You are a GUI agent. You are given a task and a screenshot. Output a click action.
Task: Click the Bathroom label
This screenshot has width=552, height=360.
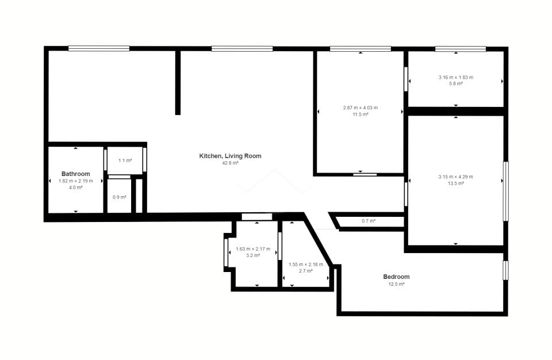76,174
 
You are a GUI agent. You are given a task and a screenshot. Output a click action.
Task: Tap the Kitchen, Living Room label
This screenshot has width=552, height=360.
230,156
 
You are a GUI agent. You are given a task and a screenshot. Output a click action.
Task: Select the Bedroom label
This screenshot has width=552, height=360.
396,277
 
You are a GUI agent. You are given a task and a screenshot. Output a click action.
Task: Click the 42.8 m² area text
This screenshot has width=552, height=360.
230,163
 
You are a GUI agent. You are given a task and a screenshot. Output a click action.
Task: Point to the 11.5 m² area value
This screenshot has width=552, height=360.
361,114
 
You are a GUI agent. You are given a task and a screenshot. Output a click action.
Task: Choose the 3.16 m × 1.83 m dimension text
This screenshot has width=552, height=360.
456,77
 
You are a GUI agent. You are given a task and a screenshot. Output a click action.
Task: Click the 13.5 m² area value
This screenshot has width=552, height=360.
456,183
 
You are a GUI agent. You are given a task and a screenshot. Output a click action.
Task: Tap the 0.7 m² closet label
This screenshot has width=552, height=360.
369,221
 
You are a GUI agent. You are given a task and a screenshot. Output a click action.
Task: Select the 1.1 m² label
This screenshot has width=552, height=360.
125,160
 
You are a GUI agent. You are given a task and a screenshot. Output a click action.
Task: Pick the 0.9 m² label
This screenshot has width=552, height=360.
120,197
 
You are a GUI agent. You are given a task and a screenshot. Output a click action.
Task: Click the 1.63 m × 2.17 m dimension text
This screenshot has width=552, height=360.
253,249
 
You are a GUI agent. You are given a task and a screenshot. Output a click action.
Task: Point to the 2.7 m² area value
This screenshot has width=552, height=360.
305,271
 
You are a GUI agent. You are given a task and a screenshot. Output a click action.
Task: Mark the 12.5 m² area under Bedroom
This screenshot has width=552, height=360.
396,284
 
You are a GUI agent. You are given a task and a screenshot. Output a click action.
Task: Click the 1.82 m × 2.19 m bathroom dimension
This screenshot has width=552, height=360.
76,181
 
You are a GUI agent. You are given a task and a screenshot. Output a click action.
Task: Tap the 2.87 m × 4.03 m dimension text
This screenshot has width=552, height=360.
361,108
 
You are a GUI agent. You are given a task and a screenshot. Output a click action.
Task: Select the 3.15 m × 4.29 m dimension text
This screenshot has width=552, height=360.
456,177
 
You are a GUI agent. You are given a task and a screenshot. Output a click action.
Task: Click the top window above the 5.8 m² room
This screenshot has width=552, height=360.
461,49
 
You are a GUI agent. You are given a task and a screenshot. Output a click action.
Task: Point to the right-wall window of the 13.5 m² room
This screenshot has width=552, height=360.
505,192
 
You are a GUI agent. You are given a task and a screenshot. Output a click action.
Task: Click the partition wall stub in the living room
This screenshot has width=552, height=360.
178,83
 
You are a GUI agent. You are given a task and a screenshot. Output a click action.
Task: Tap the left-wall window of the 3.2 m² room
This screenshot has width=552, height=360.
227,253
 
